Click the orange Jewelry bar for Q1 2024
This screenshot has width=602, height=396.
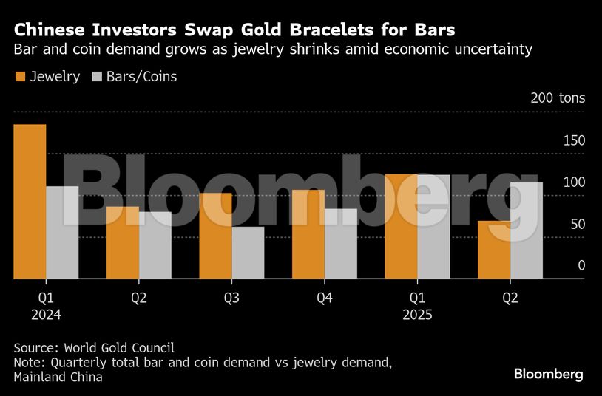coord(30,201)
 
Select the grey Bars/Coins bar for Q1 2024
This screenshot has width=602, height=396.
coord(62,232)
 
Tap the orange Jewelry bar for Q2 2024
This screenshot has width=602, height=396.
coord(123,242)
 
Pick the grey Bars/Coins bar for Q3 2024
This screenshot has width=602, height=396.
coord(248,253)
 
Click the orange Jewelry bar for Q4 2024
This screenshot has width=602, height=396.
coord(308,234)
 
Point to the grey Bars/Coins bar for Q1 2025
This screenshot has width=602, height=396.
coord(433,227)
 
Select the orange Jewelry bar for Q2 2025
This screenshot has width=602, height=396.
coord(494,250)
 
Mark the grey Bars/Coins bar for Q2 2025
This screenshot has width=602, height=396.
coord(527,231)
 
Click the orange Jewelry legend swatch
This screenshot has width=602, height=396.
coord(20,76)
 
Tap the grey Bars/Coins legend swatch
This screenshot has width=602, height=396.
coord(96,76)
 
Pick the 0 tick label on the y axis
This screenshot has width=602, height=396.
coord(581,265)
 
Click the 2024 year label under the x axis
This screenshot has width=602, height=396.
coord(46,314)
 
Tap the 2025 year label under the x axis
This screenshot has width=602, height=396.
coord(417,314)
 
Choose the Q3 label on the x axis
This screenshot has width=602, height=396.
coord(231,298)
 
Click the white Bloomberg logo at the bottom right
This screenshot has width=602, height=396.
coord(549,374)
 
